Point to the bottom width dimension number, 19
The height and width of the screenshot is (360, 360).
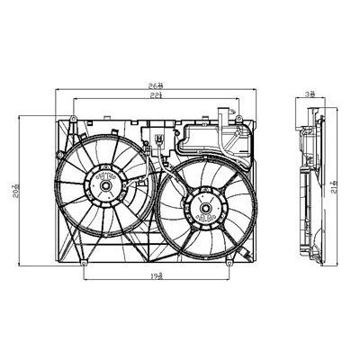pos(157,280)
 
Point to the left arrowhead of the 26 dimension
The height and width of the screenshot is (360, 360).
pos(58,91)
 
